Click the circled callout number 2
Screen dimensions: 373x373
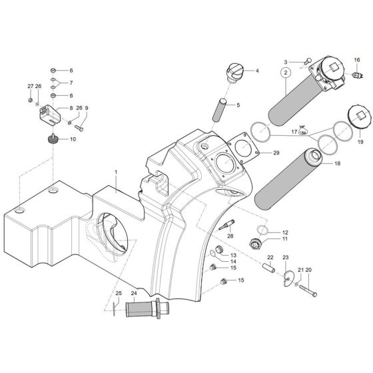tap(285, 72)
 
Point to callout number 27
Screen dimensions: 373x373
tap(30, 87)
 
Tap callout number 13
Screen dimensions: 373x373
tap(233, 255)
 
